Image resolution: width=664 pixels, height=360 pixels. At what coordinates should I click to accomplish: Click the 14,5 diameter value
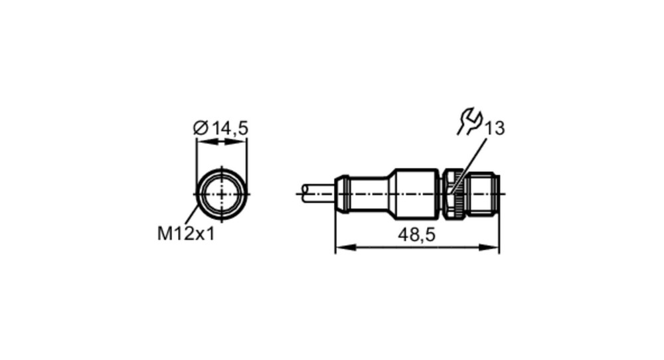click(x=230, y=128)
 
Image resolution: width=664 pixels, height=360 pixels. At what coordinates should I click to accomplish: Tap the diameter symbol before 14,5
click(x=201, y=128)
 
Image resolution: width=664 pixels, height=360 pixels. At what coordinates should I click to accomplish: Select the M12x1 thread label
click(x=186, y=233)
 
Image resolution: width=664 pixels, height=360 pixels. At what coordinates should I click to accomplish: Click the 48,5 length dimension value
click(x=417, y=234)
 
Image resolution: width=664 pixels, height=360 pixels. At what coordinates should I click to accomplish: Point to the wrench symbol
click(x=469, y=122)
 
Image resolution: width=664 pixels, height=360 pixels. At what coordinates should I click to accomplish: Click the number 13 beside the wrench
click(x=495, y=128)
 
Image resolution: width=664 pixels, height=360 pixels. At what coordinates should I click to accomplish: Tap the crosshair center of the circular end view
click(x=222, y=194)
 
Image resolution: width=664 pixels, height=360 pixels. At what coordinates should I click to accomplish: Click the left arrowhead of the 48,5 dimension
click(x=345, y=247)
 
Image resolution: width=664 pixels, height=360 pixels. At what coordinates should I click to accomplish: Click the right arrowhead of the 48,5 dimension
click(x=489, y=247)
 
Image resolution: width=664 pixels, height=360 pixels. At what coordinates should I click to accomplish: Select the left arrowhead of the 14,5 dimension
click(x=207, y=142)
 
